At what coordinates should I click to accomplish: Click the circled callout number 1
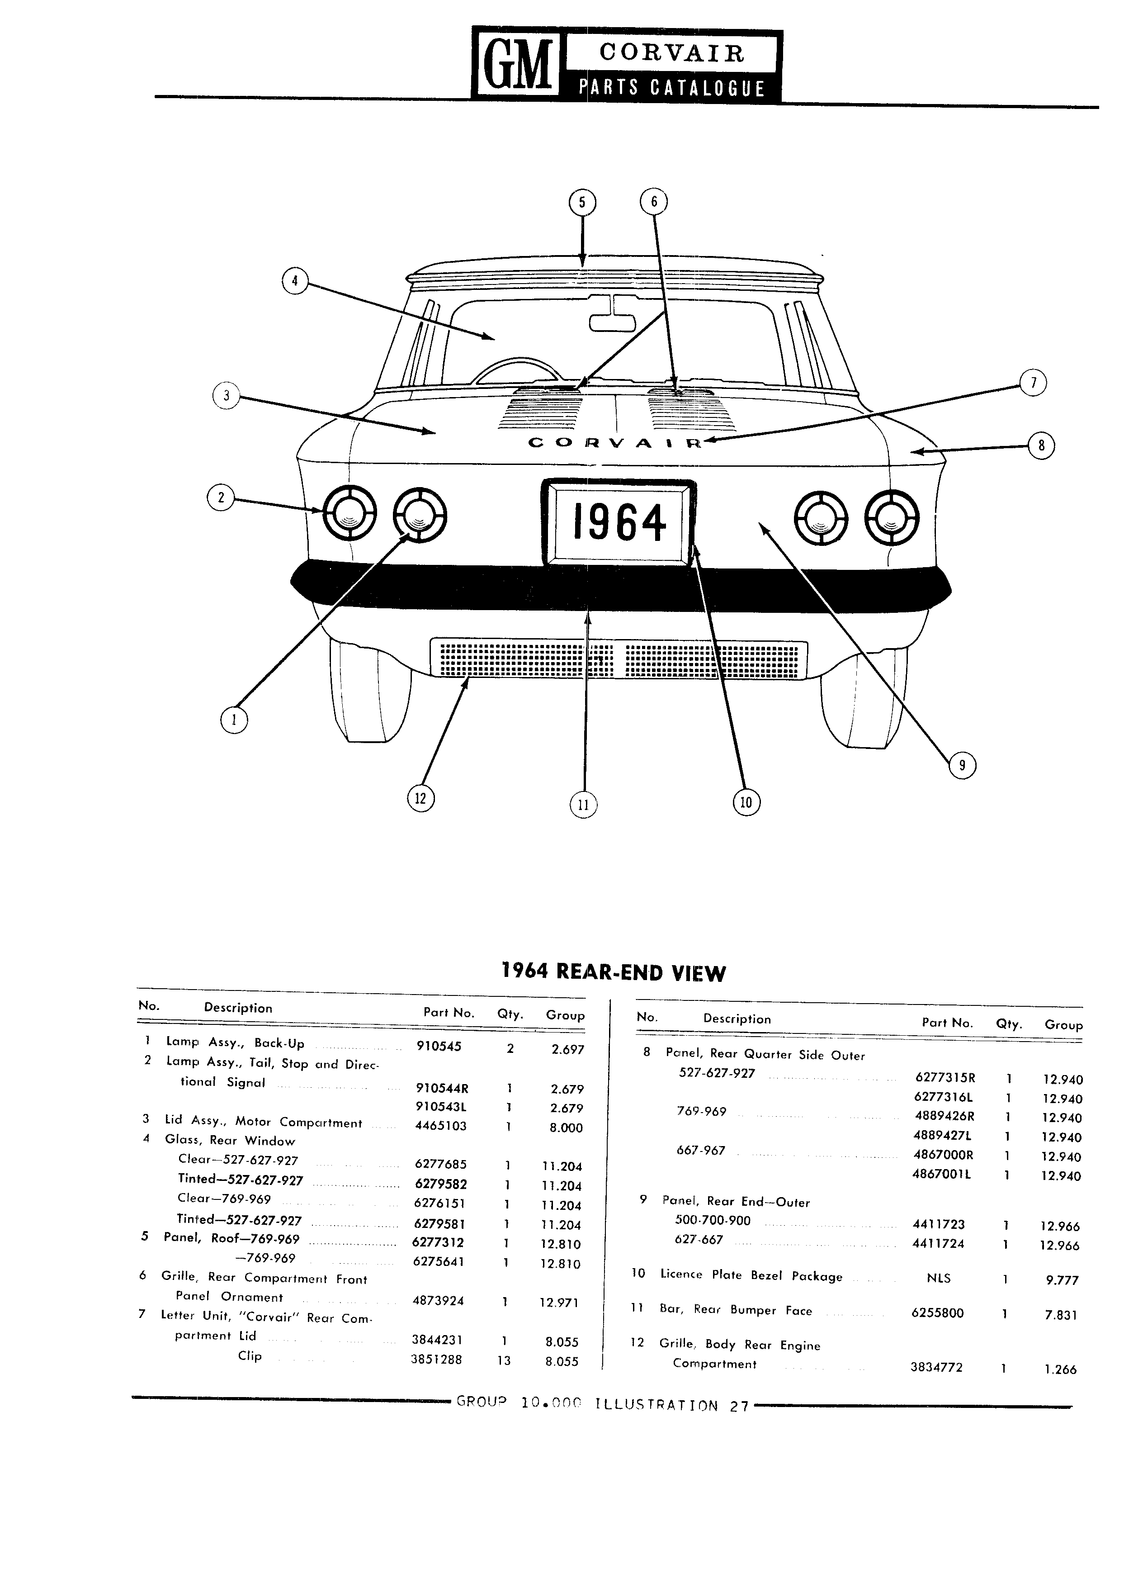point(234,719)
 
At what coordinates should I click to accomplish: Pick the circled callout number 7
point(1033,383)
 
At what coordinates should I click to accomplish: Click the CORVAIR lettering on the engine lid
point(614,443)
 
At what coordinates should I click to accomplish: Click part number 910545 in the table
point(439,1046)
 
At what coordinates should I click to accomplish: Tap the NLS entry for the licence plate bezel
point(939,1278)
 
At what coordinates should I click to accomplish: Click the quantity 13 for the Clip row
point(504,1360)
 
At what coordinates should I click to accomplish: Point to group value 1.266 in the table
point(1060,1369)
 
